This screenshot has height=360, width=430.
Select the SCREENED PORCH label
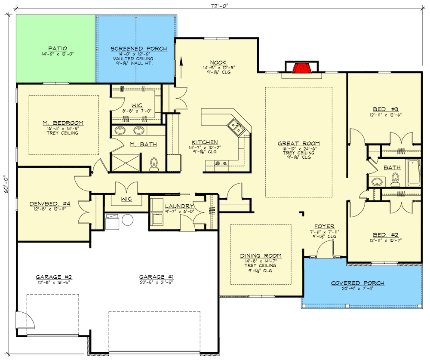pos(132,49)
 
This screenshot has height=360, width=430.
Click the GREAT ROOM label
pos(298,144)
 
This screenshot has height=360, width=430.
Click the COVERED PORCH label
pos(357,283)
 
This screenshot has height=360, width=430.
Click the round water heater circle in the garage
pos(128,221)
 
